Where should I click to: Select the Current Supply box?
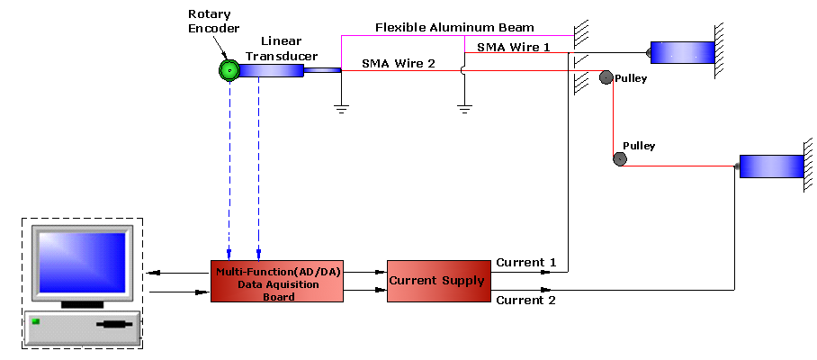[435, 281]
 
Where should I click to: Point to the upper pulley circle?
[606, 77]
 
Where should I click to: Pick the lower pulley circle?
[619, 159]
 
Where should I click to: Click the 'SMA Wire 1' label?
[513, 45]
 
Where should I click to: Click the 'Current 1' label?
[526, 263]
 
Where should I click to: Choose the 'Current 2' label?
[526, 301]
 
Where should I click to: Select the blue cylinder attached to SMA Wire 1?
[682, 53]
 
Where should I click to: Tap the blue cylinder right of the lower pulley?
[771, 166]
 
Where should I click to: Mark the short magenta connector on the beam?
[464, 44]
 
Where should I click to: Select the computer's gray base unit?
[82, 328]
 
